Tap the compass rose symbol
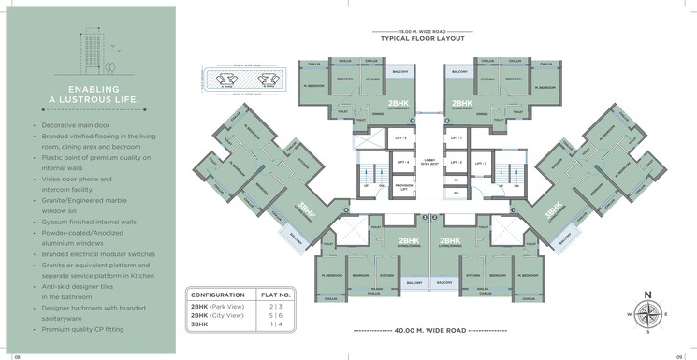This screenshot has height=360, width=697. [x=647, y=314]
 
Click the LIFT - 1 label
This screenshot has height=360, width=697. [x=457, y=138]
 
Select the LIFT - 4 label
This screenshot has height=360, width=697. [x=404, y=163]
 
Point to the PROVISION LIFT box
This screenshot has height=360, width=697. [x=403, y=187]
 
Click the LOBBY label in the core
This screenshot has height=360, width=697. [x=430, y=159]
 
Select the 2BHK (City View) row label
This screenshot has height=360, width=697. [x=219, y=317]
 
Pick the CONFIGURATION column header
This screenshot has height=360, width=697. [x=218, y=295]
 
